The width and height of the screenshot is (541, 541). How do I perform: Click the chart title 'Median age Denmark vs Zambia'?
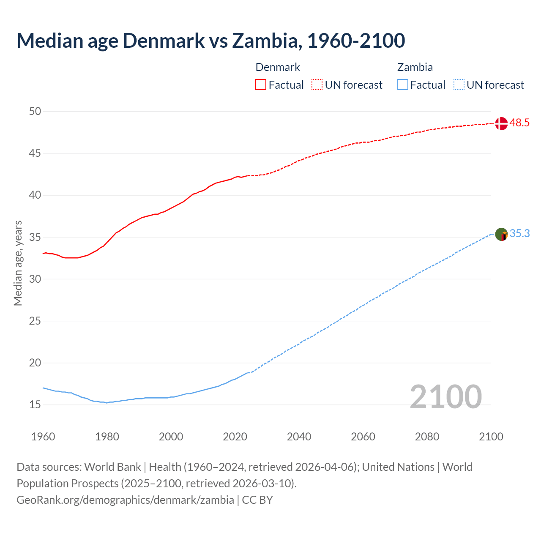(x=210, y=41)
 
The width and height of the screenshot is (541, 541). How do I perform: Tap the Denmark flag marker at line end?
(x=501, y=123)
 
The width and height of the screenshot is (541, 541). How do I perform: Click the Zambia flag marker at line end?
(x=501, y=234)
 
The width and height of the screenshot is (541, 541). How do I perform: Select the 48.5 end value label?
(x=519, y=123)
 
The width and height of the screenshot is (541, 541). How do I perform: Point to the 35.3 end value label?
(x=519, y=234)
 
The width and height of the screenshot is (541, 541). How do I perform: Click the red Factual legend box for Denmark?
(x=261, y=85)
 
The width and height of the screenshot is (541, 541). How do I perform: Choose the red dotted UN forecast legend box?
(x=317, y=85)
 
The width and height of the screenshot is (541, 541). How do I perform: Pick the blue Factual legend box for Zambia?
(x=403, y=85)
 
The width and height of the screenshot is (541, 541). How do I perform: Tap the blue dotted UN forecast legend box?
(x=459, y=85)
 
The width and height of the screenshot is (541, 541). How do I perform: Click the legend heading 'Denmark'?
(x=278, y=67)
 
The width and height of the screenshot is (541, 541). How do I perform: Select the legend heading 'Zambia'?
(x=415, y=67)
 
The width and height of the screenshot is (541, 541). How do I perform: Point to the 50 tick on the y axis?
(x=35, y=111)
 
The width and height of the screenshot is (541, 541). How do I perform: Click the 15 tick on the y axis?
(x=35, y=404)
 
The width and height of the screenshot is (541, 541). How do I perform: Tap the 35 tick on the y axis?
(x=35, y=237)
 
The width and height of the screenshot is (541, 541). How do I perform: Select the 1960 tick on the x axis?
(x=43, y=437)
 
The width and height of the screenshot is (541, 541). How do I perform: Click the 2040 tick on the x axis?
(x=299, y=437)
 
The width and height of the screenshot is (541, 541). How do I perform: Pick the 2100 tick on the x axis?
(x=491, y=437)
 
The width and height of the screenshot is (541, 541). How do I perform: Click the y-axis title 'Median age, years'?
(x=18, y=263)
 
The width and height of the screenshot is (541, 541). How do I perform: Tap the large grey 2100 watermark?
(x=445, y=396)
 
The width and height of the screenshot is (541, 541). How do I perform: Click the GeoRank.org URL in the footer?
(x=125, y=500)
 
